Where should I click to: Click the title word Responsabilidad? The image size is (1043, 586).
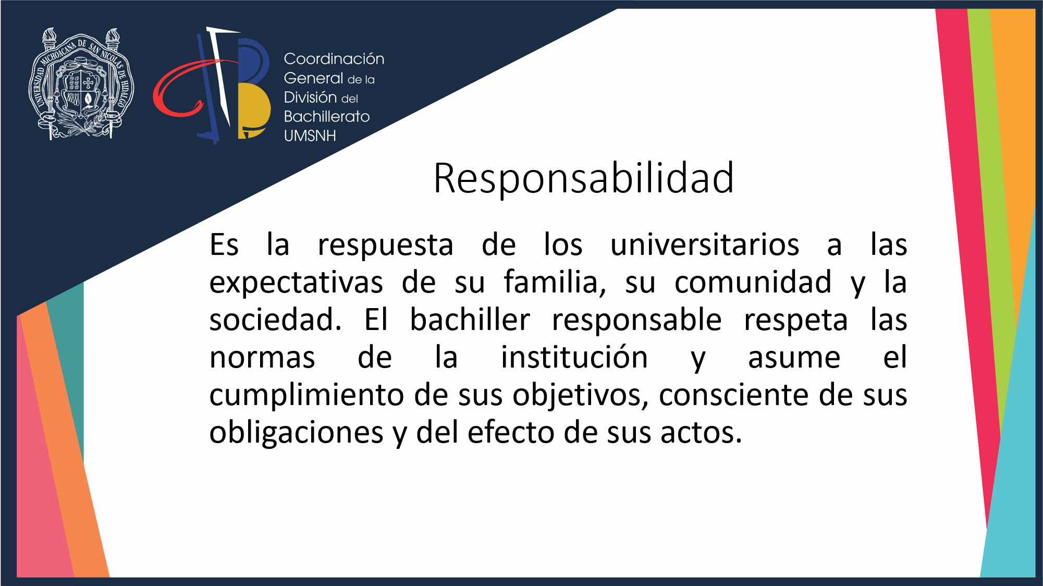584,178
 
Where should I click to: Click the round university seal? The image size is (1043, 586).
81,83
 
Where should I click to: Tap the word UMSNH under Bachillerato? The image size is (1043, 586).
310,136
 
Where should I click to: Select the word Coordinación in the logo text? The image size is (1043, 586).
334,58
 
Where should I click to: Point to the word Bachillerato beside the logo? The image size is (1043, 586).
327,116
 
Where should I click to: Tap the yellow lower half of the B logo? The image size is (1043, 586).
254,111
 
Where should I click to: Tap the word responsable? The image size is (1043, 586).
637,320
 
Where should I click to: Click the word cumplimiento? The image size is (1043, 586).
307,396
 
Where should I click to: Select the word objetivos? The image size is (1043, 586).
581,396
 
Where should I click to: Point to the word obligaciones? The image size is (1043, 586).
296,433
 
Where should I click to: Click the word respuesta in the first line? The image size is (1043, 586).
386,246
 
